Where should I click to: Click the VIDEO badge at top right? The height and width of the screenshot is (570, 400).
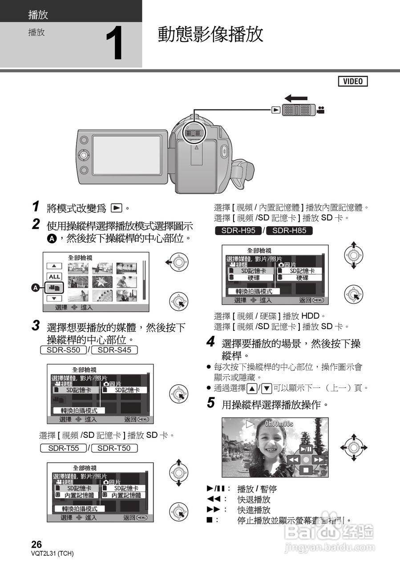tap(353, 81)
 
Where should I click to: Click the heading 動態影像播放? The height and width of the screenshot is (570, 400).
tap(210, 34)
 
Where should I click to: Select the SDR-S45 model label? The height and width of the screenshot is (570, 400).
tap(114, 350)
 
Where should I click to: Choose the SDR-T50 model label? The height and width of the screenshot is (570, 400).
tap(114, 448)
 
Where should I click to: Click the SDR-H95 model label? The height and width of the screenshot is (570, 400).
tap(238, 230)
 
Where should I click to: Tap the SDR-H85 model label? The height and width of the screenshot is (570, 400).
tap(289, 230)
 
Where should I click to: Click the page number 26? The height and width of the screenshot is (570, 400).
tap(36, 544)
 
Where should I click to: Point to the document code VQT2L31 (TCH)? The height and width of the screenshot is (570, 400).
tap(53, 554)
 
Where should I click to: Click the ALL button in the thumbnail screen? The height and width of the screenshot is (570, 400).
tap(54, 277)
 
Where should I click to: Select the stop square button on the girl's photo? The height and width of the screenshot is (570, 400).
tap(306, 469)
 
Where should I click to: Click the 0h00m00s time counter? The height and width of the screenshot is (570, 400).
tap(279, 423)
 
